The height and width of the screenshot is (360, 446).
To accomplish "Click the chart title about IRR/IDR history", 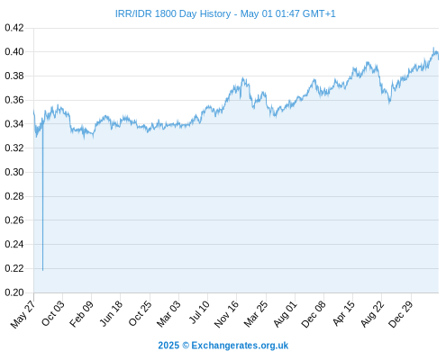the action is pyautogui.click(x=225, y=13).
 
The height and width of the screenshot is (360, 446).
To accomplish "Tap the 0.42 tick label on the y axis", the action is pyautogui.click(x=14, y=28).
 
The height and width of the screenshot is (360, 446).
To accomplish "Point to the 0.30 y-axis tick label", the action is pyautogui.click(x=14, y=172).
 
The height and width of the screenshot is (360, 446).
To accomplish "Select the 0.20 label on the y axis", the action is pyautogui.click(x=14, y=292).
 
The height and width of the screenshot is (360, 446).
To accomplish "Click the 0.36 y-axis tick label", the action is pyautogui.click(x=14, y=100).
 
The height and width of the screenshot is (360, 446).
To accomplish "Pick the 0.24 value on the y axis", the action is pyautogui.click(x=14, y=244).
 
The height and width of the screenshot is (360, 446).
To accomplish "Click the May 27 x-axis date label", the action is pyautogui.click(x=23, y=314).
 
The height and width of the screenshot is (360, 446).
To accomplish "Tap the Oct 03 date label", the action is pyautogui.click(x=53, y=313).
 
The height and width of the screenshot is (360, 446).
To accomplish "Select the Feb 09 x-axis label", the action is pyautogui.click(x=81, y=314).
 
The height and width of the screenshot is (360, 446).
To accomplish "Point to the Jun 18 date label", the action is pyautogui.click(x=111, y=313).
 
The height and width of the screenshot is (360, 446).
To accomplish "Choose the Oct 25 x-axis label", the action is pyautogui.click(x=140, y=313).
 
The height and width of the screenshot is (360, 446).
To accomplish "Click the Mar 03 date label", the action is pyautogui.click(x=168, y=314).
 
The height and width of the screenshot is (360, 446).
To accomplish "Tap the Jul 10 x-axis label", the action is pyautogui.click(x=199, y=312).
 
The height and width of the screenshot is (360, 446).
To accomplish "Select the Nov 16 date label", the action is pyautogui.click(x=226, y=314).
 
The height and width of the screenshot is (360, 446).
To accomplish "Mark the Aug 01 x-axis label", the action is pyautogui.click(x=285, y=314).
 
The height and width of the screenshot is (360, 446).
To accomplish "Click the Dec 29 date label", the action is pyautogui.click(x=401, y=314).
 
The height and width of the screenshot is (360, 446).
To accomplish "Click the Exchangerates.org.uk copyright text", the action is pyautogui.click(x=223, y=346).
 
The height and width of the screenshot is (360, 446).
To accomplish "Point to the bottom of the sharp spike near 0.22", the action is pyautogui.click(x=42, y=271).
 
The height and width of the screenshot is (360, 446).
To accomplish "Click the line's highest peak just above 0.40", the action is pyautogui.click(x=433, y=48).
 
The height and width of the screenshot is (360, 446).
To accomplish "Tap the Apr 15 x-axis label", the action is pyautogui.click(x=343, y=313).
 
